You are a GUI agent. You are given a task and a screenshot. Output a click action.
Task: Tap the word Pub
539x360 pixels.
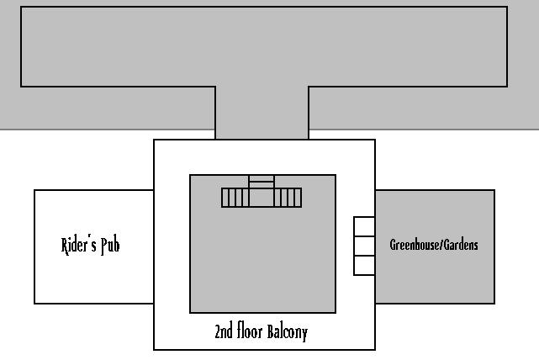pos(110,246)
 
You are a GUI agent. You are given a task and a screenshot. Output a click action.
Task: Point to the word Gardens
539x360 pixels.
pos(462,245)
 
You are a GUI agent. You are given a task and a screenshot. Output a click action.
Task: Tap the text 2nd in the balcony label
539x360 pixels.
pos(223,331)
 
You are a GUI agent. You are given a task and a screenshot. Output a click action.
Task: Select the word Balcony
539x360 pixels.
pos(288,331)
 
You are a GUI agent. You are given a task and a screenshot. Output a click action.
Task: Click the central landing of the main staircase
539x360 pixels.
pos(262,197)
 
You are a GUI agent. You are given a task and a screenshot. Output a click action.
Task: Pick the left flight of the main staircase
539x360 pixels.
pos(235,198)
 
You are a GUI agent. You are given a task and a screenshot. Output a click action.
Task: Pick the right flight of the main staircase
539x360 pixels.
pos(288,198)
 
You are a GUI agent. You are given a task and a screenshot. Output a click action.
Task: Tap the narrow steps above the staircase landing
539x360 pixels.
pos(262,180)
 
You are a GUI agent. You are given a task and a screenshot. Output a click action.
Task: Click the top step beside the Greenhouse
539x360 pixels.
pos(364,227)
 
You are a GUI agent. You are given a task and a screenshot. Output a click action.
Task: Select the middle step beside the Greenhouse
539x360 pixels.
pos(364,246)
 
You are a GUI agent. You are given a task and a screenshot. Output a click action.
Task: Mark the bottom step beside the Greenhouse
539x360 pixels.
pos(364,266)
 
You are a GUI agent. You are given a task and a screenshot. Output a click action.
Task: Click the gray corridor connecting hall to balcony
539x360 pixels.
pos(262,113)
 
